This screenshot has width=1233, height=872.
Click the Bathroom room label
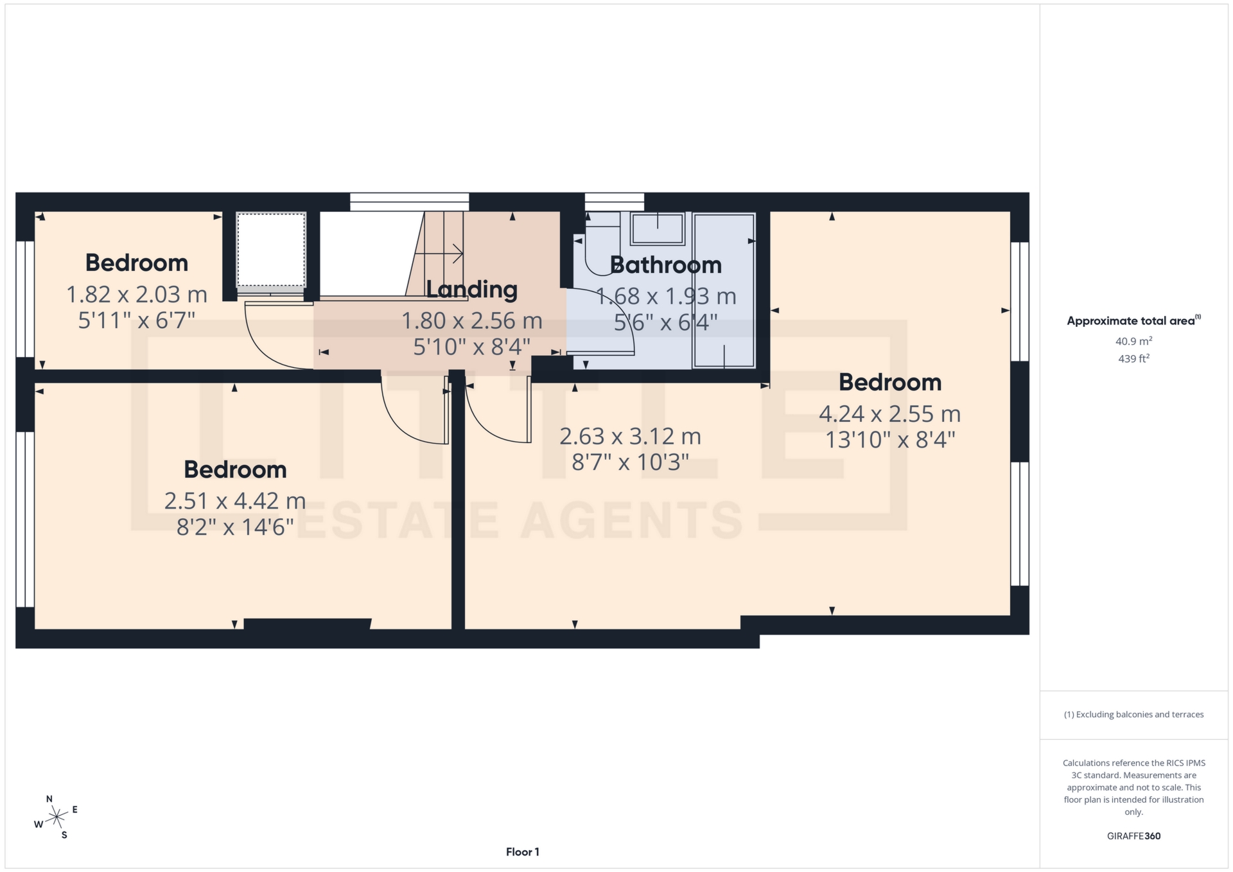point(665,265)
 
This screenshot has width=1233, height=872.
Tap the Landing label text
point(471,290)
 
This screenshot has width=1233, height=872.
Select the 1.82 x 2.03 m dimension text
point(137,295)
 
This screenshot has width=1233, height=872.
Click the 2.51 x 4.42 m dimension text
point(235,501)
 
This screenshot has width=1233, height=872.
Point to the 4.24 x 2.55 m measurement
point(889,414)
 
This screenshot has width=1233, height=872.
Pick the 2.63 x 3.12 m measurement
point(630,437)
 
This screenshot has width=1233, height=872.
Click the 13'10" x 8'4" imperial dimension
point(890,440)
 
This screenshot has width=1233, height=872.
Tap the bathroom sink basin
point(657,229)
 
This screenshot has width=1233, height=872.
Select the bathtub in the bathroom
point(724,290)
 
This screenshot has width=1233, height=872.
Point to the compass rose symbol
point(57,817)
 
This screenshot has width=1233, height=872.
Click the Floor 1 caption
point(522,852)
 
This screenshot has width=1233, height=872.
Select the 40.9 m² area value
point(1133,342)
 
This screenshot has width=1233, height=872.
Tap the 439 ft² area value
point(1133,359)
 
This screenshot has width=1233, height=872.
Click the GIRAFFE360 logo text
point(1133,836)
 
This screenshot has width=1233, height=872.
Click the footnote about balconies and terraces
point(1133,715)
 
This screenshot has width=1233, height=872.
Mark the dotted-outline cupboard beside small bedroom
point(270,250)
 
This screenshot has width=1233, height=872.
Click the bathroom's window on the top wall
point(614,201)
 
